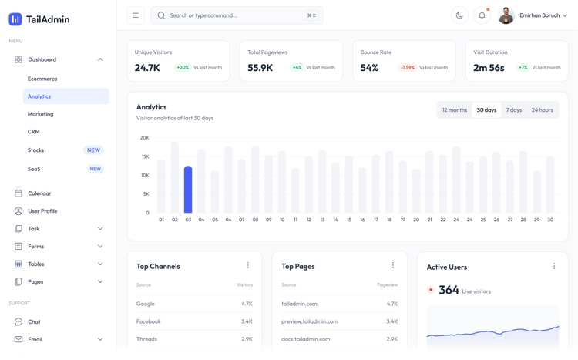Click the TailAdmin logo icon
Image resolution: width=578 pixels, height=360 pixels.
click(x=15, y=19)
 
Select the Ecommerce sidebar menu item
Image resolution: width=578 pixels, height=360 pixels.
click(x=42, y=79)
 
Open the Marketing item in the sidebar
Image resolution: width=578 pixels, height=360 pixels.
click(x=41, y=114)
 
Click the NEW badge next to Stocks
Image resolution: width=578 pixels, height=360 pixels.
click(x=93, y=150)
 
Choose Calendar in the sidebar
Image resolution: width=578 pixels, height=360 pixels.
click(x=39, y=193)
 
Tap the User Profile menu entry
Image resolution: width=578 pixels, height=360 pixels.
click(x=42, y=211)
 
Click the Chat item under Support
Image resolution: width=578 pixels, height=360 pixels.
click(x=34, y=321)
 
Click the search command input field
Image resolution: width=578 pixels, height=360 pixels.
click(x=231, y=15)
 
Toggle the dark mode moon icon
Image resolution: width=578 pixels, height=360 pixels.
click(x=459, y=15)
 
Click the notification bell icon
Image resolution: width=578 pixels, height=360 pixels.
click(x=482, y=15)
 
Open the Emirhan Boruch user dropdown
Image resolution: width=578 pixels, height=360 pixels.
click(x=533, y=15)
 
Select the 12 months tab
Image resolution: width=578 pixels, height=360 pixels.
click(x=455, y=110)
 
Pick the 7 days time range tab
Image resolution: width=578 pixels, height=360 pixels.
click(x=514, y=110)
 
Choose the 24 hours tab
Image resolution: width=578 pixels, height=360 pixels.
click(x=542, y=110)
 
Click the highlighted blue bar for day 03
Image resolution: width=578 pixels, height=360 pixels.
click(x=188, y=190)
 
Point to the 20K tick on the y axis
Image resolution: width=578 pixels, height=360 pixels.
click(x=144, y=138)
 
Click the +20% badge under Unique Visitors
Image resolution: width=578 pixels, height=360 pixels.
click(x=183, y=68)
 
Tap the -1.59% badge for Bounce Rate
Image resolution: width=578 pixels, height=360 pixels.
click(x=407, y=68)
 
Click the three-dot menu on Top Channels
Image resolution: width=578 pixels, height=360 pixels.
click(x=247, y=266)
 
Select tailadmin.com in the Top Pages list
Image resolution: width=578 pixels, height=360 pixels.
click(x=299, y=304)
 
